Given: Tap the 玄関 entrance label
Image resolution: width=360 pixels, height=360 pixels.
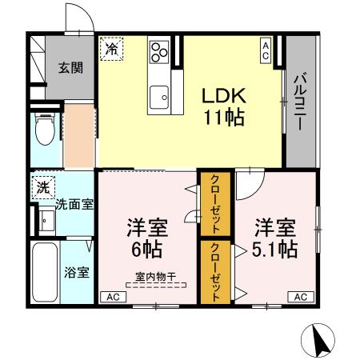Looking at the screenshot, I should point(69,67).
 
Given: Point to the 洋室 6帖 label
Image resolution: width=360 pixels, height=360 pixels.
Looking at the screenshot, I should point(145,238).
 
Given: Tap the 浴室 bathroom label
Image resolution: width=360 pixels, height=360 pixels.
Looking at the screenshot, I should point(78,271).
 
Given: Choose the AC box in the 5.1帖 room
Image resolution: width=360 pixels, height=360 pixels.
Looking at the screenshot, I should point(301,297).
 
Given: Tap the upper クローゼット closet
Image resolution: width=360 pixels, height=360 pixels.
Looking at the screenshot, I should point(215,205).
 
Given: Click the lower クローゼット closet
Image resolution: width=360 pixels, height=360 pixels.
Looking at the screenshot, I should point(215,271).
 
